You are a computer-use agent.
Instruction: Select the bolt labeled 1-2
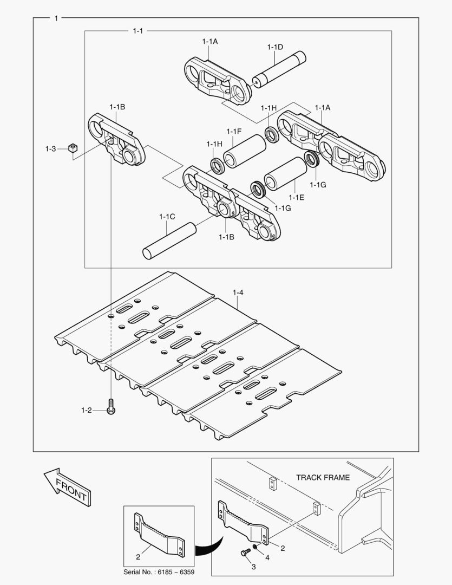click(111, 407)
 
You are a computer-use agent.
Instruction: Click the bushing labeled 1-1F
click(244, 151)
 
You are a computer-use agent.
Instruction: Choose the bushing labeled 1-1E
click(285, 174)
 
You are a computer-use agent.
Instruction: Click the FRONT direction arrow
click(66, 487)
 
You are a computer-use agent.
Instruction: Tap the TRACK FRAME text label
click(323, 478)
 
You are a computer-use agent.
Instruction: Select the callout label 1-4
click(238, 293)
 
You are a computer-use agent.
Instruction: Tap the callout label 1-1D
click(275, 47)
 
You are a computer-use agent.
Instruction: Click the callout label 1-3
click(50, 148)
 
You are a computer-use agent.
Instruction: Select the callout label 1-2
click(87, 411)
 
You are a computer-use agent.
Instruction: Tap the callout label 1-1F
click(234, 132)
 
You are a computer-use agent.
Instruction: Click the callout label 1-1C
click(167, 217)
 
